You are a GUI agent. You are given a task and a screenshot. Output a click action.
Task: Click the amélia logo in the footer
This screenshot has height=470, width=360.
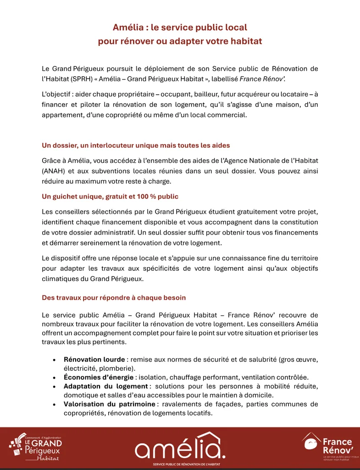180,446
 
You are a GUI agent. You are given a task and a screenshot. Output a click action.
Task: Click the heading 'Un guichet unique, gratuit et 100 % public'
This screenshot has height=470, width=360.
110,196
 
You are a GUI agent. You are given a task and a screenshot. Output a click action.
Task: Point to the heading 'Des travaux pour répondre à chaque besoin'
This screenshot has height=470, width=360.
114,297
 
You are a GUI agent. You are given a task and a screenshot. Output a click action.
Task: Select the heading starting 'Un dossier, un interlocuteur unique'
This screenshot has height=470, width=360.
136,145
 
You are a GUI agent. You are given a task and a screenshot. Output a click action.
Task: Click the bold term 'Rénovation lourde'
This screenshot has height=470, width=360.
94,359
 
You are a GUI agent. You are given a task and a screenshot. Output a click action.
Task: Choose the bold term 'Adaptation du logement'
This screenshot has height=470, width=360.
105,386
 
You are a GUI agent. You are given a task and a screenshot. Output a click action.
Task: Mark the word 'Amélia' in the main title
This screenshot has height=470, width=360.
129,28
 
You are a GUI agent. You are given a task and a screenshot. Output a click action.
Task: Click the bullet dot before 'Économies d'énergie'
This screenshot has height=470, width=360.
55,377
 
